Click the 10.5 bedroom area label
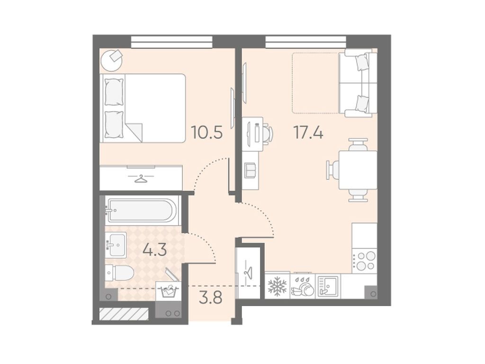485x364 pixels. point(207,133)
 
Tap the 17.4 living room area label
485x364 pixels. point(308,133)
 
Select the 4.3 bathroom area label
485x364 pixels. point(155,250)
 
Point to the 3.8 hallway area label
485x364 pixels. point(210,299)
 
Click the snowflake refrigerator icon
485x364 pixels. point(277,286)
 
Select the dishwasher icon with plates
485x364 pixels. point(302,286)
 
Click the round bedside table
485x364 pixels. point(111,61)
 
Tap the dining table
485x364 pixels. point(358,170)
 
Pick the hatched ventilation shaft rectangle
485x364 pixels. point(124,314)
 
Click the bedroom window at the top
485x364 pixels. point(171,42)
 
